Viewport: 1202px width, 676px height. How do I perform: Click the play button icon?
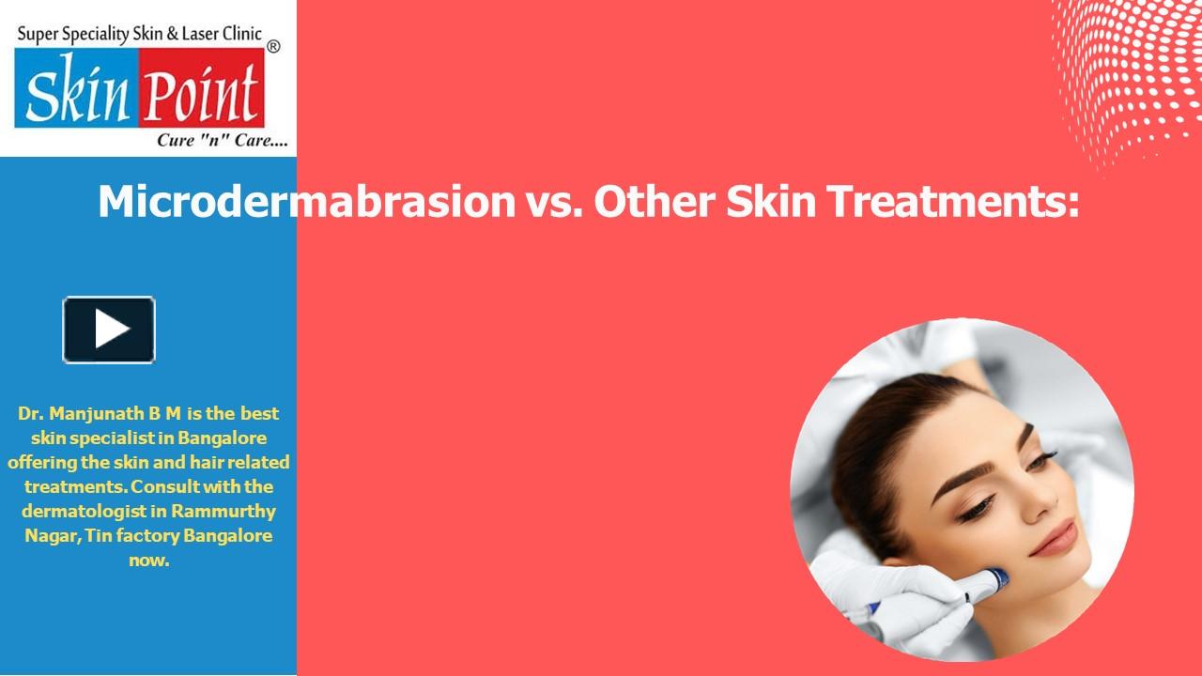coord(109,330)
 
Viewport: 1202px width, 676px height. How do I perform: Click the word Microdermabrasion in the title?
coord(306,203)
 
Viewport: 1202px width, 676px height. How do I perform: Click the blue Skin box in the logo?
coord(77,94)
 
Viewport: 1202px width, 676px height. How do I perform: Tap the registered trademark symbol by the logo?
coord(273,45)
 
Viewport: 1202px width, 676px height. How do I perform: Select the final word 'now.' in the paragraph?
coord(148,560)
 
